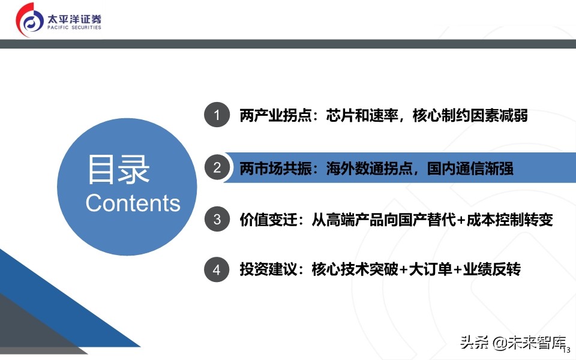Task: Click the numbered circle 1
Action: (x=217, y=115)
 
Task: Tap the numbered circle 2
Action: (x=217, y=168)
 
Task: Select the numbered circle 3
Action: (x=217, y=219)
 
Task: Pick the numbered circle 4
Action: (x=217, y=270)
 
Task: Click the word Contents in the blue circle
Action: (x=133, y=203)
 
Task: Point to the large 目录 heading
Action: (x=118, y=169)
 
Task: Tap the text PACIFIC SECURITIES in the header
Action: (x=74, y=28)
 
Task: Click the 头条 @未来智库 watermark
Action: (x=513, y=344)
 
